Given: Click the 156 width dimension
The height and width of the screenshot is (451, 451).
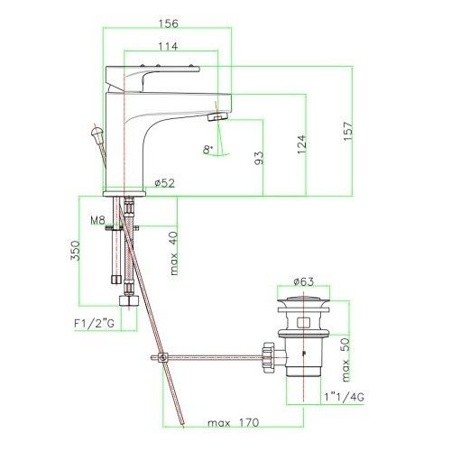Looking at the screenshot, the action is point(168,23).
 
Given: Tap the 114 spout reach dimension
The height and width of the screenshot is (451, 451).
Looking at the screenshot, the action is point(168,46).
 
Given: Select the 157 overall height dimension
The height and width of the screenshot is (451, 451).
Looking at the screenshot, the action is point(348,131).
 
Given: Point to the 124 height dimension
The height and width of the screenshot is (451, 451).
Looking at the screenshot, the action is point(302,145).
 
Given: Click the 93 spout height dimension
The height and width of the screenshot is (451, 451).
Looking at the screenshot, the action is point(259,158).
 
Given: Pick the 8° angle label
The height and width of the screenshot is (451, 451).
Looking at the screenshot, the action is point(207,150).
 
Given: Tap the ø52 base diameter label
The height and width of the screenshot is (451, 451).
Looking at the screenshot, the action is point(164,183).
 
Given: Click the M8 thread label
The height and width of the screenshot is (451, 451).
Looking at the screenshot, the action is point(97,220).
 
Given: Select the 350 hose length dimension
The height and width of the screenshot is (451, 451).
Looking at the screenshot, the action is point(75,251).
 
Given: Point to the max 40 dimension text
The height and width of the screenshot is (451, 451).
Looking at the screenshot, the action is point(173,253).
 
